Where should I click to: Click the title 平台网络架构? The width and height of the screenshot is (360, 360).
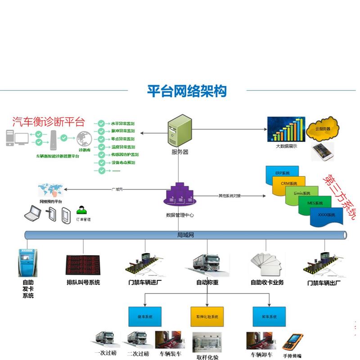coord(187,91)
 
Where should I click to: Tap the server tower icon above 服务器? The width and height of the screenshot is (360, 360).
coord(179,129)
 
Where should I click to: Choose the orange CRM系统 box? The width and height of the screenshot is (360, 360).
coord(290,184)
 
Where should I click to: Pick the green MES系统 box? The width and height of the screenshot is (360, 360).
coord(313,203)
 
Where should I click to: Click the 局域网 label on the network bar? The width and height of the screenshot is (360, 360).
coord(184,235)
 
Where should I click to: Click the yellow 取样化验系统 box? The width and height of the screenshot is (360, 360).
coord(207,317)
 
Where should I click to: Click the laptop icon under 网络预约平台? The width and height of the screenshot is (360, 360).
coord(32,213)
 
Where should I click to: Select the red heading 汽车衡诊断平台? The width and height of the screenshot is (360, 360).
coord(49,121)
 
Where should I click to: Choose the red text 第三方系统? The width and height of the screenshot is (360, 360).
coord(338,198)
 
